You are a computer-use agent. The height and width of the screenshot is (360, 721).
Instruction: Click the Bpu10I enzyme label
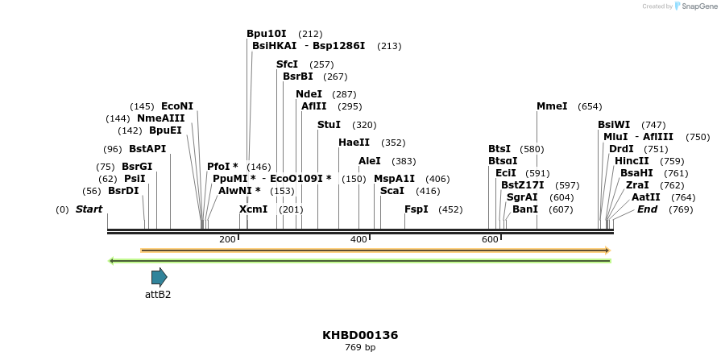point(267,34)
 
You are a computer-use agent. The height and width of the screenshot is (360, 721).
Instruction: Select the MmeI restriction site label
point(552,106)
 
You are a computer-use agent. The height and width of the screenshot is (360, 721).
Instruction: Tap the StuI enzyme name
point(329,125)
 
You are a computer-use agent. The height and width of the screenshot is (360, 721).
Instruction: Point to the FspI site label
point(416,209)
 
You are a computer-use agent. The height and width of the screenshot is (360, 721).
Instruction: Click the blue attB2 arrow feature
point(159,277)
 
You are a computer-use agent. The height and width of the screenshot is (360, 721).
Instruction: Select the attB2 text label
point(158,295)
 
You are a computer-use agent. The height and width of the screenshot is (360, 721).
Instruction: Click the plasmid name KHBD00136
point(360,334)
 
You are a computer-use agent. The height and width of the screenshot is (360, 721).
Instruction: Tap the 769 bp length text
point(360,348)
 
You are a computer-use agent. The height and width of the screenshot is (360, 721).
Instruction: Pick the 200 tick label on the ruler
point(227,239)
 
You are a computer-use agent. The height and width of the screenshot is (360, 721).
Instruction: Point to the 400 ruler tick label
point(358,239)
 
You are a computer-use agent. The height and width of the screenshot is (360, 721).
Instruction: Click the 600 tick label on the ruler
point(490,239)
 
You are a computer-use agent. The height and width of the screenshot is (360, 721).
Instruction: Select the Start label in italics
point(89,209)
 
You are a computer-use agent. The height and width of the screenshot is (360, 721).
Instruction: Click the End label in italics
point(647,209)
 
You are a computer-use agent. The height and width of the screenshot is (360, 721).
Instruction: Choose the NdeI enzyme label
point(309,94)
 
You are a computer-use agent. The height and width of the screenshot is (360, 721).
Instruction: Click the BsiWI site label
point(614,125)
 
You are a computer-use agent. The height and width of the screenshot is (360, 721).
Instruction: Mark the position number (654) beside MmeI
point(590,106)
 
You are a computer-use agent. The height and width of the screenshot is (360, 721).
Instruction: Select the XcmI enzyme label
point(253,209)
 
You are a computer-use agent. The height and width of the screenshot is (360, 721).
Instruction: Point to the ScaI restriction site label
point(392,191)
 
